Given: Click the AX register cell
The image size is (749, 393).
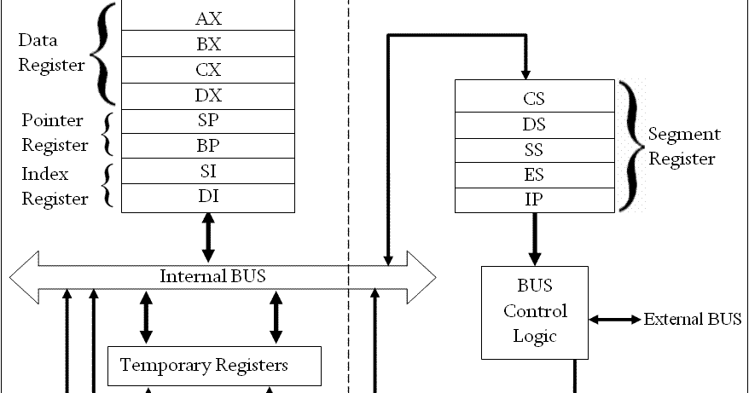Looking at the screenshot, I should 208,16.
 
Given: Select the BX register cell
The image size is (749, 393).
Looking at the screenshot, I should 208,43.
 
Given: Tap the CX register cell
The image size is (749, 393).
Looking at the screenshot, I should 208,68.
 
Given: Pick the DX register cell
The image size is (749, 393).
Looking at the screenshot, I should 208,94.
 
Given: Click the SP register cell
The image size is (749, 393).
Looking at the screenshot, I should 208,120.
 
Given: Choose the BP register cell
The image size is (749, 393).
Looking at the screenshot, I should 208,145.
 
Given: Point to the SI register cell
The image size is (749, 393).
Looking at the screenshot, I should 208,171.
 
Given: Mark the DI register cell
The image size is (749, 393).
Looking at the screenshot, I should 208,197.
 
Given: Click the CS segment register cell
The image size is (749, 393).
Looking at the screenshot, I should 534,98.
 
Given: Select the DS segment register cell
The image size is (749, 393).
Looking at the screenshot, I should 534,124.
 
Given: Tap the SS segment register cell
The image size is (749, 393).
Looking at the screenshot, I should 534,150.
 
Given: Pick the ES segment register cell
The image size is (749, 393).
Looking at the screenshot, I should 534,176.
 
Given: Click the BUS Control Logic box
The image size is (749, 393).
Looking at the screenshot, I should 534,312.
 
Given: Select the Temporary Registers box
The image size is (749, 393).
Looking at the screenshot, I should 213,366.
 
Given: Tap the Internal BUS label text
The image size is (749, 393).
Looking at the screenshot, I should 212,276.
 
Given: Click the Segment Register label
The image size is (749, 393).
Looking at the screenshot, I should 684,147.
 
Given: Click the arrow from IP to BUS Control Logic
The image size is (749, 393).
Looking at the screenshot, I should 535,240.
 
